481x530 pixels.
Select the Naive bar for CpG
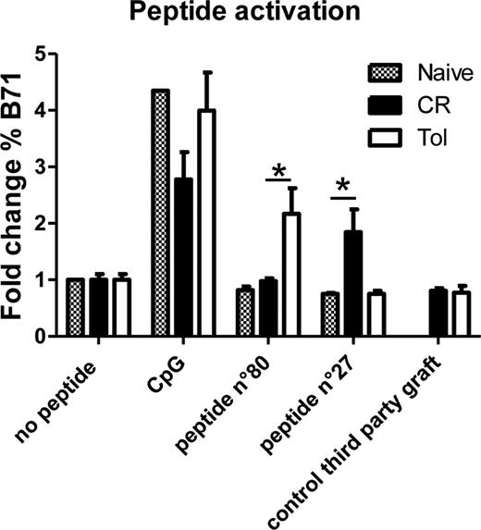pos(157,214)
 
